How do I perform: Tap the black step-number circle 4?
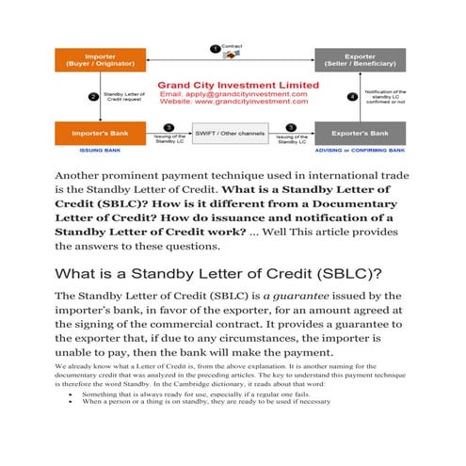pos(352,96)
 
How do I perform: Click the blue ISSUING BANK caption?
pos(99,150)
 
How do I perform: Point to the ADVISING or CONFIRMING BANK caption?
pos(360,150)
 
